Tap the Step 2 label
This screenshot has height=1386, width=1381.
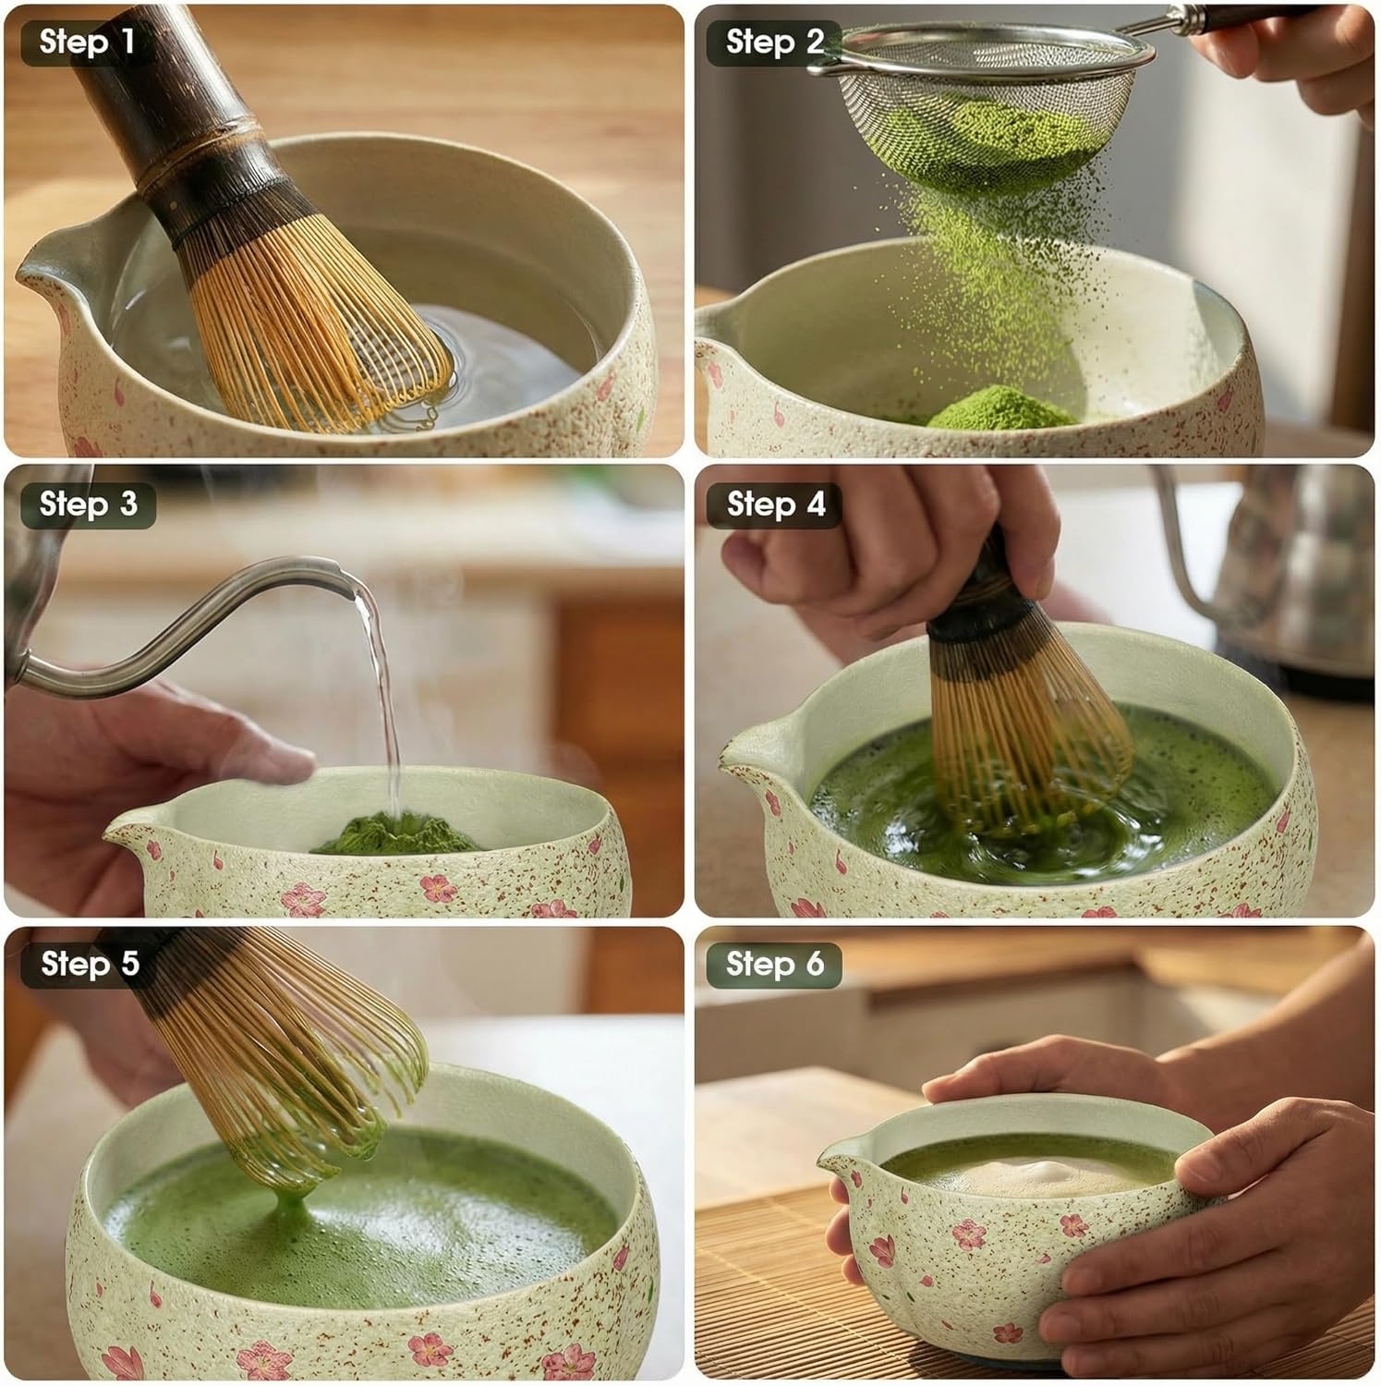pyautogui.click(x=774, y=43)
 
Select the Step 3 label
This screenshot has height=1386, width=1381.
pyautogui.click(x=88, y=505)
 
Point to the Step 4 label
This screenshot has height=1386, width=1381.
pyautogui.click(x=775, y=505)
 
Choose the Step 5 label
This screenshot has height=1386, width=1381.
pyautogui.click(x=90, y=965)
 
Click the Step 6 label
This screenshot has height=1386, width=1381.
pyautogui.click(x=774, y=965)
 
